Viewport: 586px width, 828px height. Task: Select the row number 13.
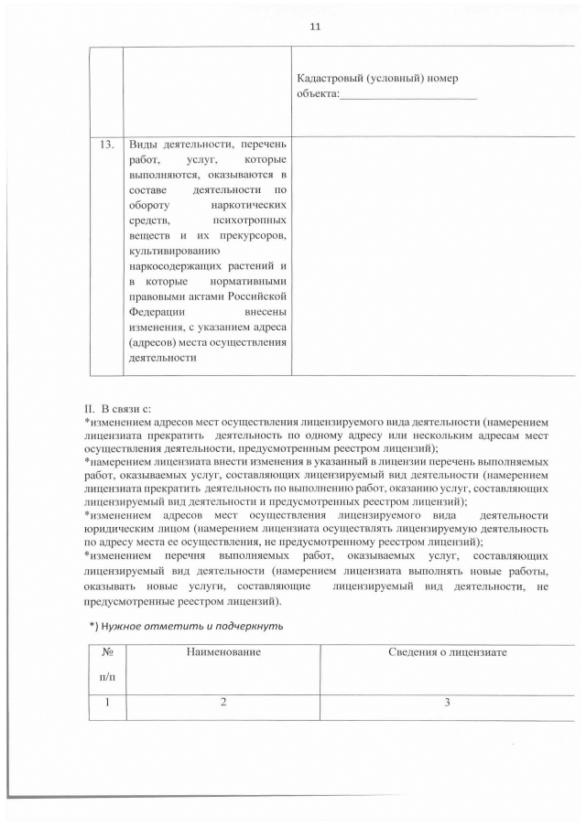105,145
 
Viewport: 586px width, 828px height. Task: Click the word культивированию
171,251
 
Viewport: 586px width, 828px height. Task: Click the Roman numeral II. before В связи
89,407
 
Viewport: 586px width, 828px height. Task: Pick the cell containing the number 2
223,703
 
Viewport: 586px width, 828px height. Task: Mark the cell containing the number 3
447,703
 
